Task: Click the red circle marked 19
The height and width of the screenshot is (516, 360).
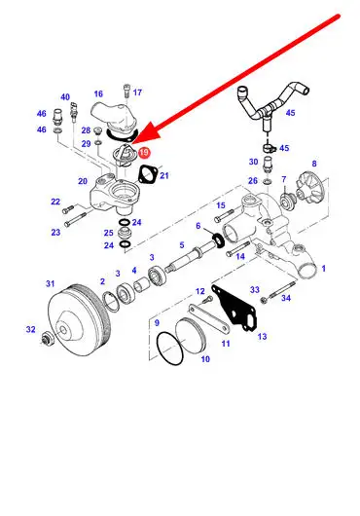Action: pyautogui.click(x=144, y=152)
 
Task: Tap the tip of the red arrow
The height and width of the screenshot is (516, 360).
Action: pyautogui.click(x=132, y=144)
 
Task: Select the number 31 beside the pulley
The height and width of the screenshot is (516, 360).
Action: pyautogui.click(x=50, y=283)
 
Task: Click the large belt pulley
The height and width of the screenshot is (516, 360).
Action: pyautogui.click(x=79, y=320)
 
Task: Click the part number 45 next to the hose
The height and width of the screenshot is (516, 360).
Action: pyautogui.click(x=290, y=113)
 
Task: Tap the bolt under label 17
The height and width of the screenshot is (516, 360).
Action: pyautogui.click(x=126, y=92)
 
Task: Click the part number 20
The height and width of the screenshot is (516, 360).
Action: pyautogui.click(x=83, y=181)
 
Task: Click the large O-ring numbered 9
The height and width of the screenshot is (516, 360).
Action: pyautogui.click(x=170, y=349)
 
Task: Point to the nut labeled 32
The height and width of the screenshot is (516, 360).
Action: pyautogui.click(x=47, y=339)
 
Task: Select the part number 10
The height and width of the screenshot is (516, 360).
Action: pyautogui.click(x=205, y=359)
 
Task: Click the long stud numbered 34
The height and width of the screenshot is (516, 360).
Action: pyautogui.click(x=282, y=289)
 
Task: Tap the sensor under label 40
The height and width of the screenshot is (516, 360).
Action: pyautogui.click(x=74, y=113)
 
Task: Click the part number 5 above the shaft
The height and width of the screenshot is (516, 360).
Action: pyautogui.click(x=182, y=244)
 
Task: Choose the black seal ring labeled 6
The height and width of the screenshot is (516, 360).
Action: pyautogui.click(x=219, y=240)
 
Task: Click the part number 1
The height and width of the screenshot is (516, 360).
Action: pyautogui.click(x=323, y=269)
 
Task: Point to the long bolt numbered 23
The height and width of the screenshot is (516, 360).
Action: pyautogui.click(x=76, y=219)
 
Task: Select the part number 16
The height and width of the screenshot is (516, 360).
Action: pyautogui.click(x=98, y=93)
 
